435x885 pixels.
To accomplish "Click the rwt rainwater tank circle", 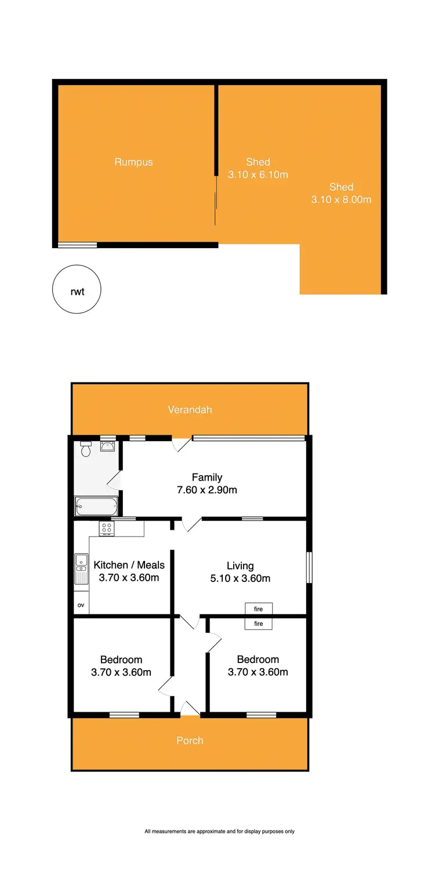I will (77, 289).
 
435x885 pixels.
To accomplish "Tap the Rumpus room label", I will (133, 162).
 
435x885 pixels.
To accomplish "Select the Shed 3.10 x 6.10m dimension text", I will (259, 174).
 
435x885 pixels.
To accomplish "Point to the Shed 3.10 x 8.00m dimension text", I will (341, 200).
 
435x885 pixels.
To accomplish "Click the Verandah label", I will (190, 410).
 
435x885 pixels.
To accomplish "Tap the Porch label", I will (190, 741).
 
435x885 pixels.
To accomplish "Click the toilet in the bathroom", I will (86, 449).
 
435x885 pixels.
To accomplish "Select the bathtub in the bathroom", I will (96, 507).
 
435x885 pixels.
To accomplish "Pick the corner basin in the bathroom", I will (108, 446).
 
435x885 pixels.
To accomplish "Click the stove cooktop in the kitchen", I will (107, 529).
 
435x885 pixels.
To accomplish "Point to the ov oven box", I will (81, 605).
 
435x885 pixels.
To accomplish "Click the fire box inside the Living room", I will (259, 609).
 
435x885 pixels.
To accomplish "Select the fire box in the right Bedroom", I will (259, 624).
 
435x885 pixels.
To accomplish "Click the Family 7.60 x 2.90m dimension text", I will (207, 490).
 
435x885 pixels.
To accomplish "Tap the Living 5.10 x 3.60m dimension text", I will (240, 578).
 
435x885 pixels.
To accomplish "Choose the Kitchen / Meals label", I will (129, 565).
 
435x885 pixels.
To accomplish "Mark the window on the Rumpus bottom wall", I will (78, 245).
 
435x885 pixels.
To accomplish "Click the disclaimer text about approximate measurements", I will (219, 831).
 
